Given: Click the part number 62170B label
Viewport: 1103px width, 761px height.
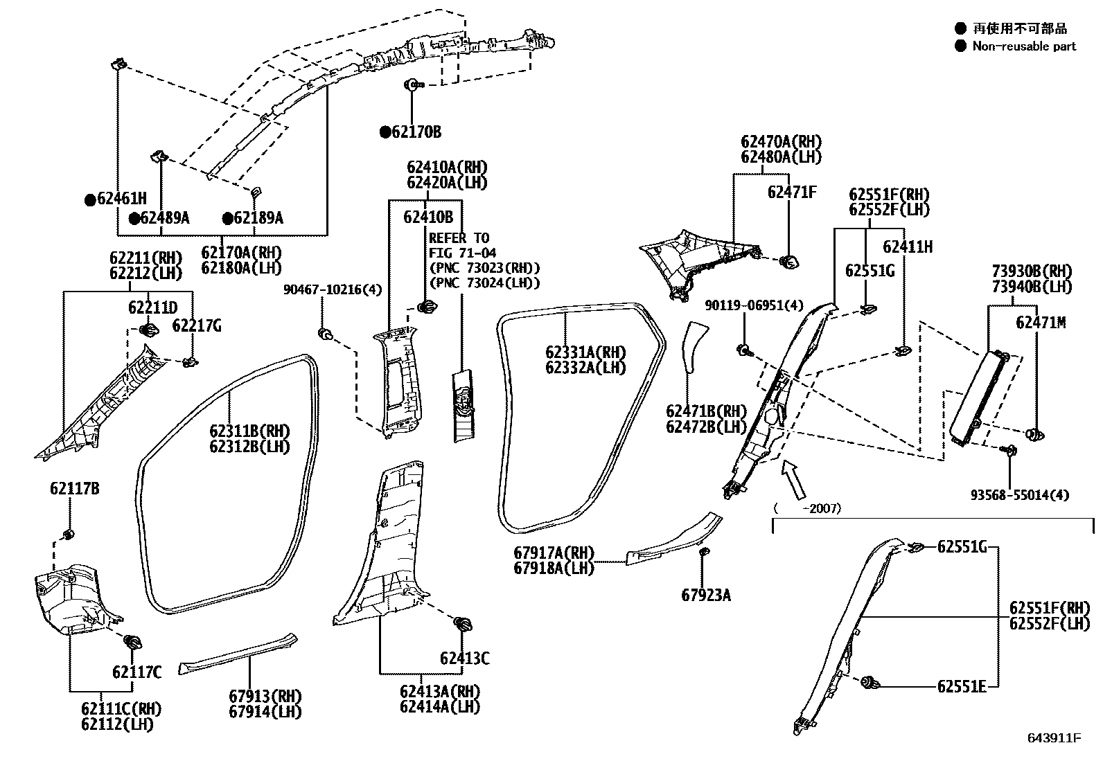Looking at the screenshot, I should [416, 132].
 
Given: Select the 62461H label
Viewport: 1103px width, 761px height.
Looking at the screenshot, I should [121, 199].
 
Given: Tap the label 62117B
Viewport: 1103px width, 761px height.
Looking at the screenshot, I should [74, 489].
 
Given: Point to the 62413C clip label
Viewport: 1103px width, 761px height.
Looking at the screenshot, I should [464, 658].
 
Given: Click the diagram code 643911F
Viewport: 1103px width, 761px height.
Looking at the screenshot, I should [1054, 738].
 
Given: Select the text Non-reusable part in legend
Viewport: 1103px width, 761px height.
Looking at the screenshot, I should [1024, 46].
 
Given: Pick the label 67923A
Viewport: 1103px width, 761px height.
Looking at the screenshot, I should [705, 596].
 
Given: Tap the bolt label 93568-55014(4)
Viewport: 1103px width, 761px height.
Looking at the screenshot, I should [1019, 495].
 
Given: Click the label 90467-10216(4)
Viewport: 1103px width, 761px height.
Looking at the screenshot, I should [333, 289].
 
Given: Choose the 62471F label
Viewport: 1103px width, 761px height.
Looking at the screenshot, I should [791, 192].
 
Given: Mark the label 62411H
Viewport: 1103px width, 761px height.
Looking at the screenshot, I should [907, 247].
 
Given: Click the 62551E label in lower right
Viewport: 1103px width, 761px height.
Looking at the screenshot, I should [962, 686].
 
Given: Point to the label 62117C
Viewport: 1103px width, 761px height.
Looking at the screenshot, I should [136, 672].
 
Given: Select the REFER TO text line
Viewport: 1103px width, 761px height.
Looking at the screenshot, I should [459, 238].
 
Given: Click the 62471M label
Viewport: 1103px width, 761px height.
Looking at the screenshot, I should [1041, 323].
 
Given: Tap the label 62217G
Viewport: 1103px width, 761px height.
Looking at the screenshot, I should [197, 325].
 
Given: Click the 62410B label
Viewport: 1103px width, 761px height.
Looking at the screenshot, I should [428, 217].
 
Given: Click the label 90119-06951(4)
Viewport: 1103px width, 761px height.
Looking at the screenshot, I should [754, 305].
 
